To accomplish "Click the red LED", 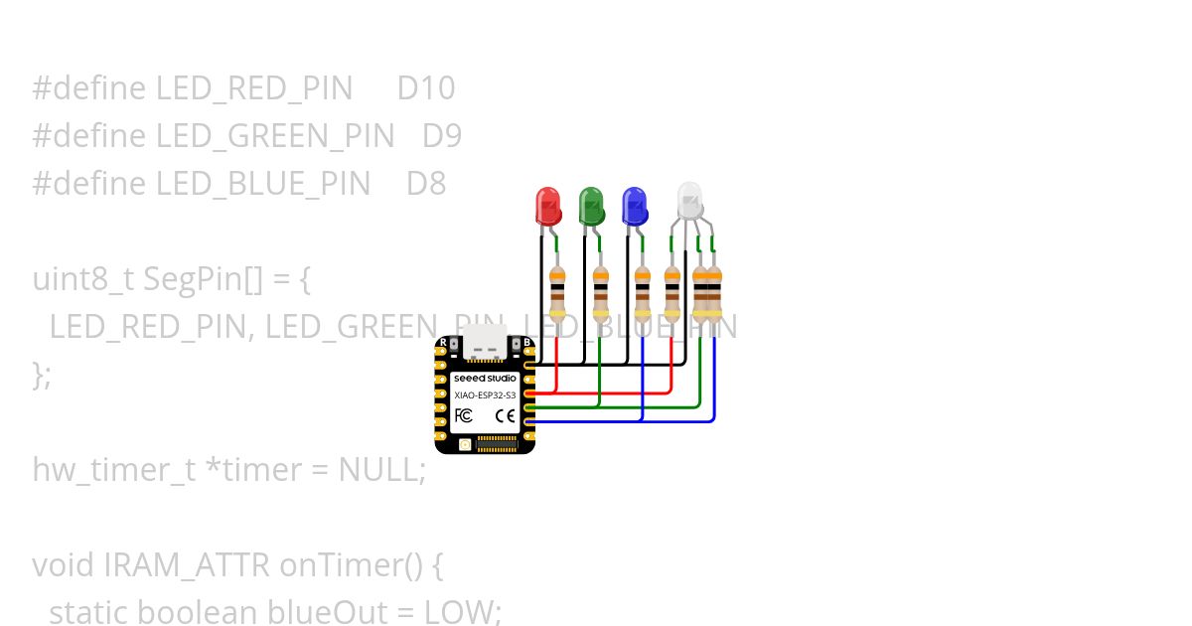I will coord(547,205).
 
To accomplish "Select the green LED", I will coord(591,205).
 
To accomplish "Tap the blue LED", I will coord(634,205).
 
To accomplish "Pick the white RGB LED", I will coord(690,201).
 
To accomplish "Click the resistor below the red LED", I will coord(557,291).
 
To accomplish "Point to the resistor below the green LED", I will coord(600,291).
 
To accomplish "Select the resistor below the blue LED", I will coord(643,291).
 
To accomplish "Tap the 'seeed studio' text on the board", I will coord(485,379).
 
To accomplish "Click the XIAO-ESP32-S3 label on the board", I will coord(485,395).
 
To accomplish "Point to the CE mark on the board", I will coord(505,416).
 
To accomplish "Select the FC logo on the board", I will coord(464,416).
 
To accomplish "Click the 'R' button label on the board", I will coord(442,343).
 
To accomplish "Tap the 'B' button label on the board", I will coord(527,343).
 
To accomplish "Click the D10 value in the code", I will coord(426,88).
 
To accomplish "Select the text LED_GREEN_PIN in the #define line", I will coord(275,136).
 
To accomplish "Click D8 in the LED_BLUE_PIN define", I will coord(426,184).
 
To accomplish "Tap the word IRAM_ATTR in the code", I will coord(187,565).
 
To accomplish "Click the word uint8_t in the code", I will coord(82,279).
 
